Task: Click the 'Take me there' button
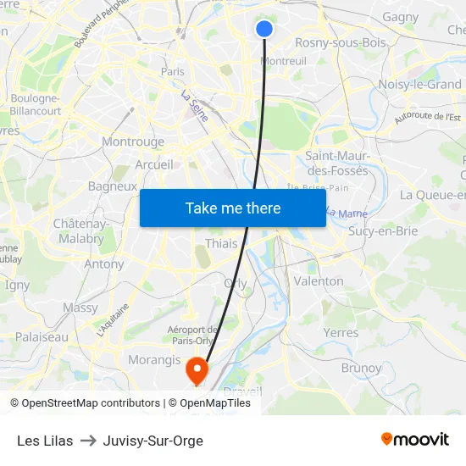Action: coord(233,208)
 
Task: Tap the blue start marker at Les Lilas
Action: coord(264,29)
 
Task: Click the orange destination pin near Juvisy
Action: coord(197,369)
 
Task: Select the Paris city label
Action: coord(173,72)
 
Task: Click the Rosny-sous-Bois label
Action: coord(340,42)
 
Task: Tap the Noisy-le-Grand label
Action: coord(419,84)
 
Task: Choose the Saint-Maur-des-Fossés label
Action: coord(336,163)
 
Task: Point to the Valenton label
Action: coord(319,280)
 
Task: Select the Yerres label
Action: coord(341,333)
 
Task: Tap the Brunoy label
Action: coord(361,368)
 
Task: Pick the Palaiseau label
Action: coord(42,336)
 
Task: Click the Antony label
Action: coord(103,264)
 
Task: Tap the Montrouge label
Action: coord(133,142)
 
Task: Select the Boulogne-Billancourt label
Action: coord(35,104)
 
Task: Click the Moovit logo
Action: coord(415,439)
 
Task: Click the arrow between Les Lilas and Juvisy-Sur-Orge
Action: coord(88,441)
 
